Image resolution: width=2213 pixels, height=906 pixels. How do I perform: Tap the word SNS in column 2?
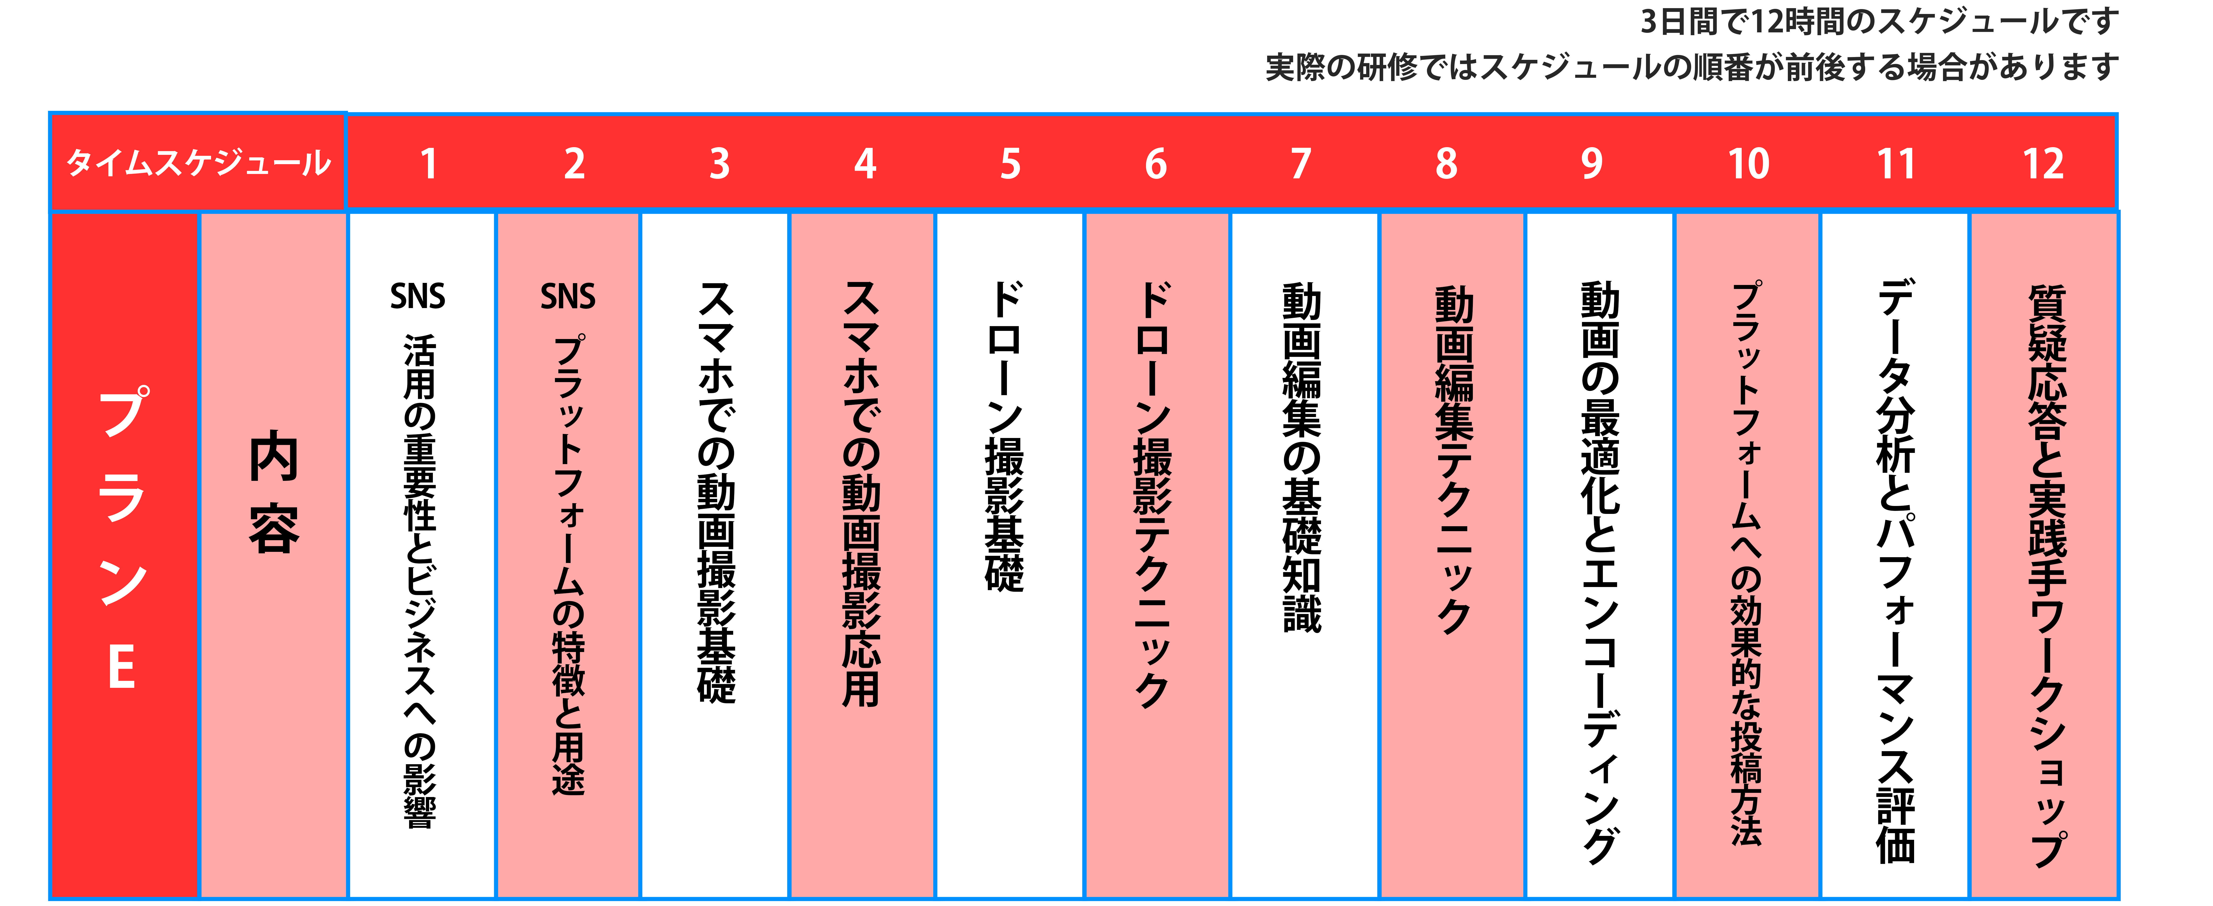pyautogui.click(x=568, y=296)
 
